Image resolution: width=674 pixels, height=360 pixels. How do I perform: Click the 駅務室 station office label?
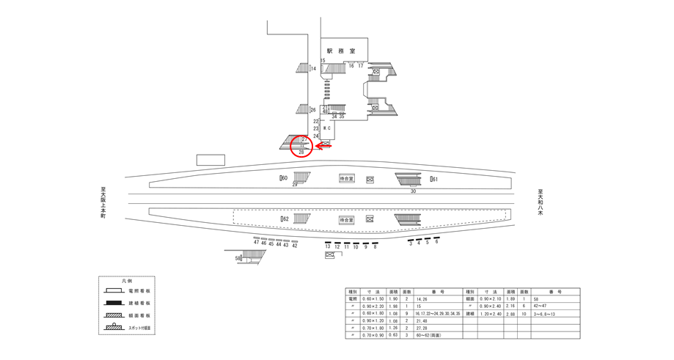[x=341, y=51]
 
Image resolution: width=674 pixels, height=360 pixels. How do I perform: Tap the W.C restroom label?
[x=327, y=128]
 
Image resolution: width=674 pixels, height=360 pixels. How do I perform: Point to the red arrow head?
[x=318, y=146]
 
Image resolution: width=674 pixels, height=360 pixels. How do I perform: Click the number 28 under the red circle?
[x=301, y=153]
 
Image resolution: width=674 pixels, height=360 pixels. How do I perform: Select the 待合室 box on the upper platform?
[x=347, y=179]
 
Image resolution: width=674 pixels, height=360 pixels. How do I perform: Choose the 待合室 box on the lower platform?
[x=347, y=219]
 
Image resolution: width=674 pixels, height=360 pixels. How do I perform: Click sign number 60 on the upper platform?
[x=284, y=178]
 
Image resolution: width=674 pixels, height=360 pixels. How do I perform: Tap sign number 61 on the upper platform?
[x=434, y=180]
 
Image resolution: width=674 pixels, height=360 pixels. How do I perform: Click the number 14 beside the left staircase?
[x=312, y=69]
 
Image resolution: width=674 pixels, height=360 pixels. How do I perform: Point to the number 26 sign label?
[x=312, y=110]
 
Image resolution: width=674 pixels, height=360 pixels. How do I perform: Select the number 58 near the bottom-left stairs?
[x=238, y=258]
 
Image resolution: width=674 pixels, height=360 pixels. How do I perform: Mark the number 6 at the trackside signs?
[x=436, y=242]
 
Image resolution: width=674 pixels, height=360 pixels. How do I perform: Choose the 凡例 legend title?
[x=128, y=282]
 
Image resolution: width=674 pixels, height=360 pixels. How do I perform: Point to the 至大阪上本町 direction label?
[x=103, y=203]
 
